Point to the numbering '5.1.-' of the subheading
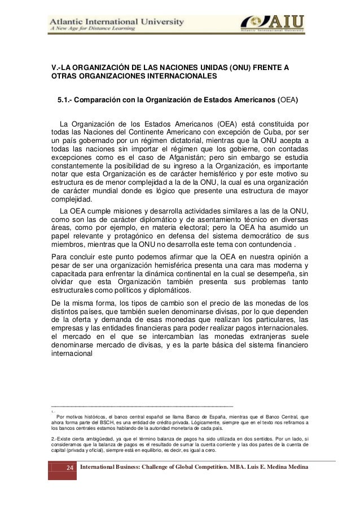tap(66, 101)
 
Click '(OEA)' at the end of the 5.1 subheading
tap(287, 101)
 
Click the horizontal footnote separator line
tap(142, 406)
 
